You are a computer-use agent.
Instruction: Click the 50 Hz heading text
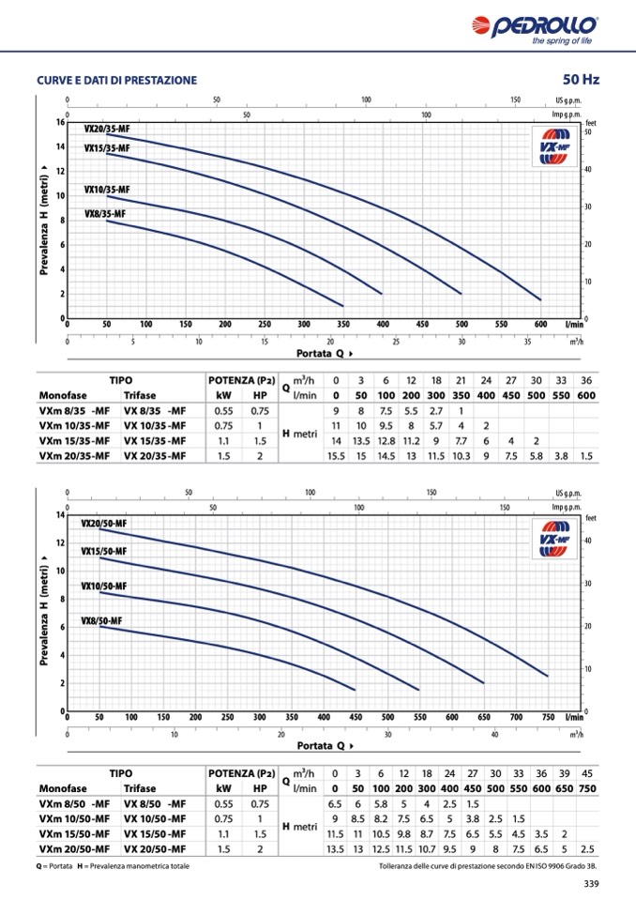[581, 80]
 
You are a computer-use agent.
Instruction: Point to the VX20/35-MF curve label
[107, 129]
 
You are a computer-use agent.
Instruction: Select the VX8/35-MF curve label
[103, 214]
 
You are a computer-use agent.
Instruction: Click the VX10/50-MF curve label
[103, 586]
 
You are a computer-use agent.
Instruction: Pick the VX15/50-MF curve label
[103, 551]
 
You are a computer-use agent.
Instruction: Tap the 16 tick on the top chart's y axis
[60, 122]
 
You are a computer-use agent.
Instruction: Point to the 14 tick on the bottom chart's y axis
[60, 515]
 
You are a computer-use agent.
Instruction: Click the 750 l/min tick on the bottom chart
[547, 716]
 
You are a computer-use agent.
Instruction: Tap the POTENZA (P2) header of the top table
[242, 380]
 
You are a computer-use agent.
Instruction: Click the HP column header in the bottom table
[260, 788]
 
